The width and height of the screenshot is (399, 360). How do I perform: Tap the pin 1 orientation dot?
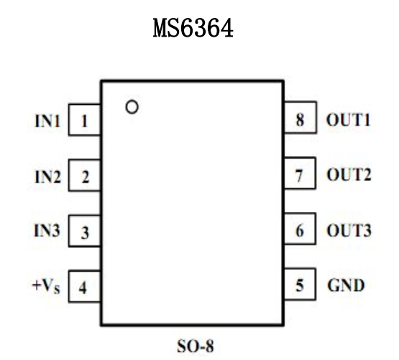pyautogui.click(x=131, y=108)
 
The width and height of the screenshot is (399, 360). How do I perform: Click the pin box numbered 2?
pyautogui.click(x=85, y=177)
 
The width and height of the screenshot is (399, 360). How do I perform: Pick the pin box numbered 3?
pyautogui.click(x=85, y=232)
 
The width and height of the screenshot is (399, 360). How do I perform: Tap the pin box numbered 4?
pyautogui.click(x=85, y=288)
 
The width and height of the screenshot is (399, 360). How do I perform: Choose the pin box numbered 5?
pyautogui.click(x=300, y=287)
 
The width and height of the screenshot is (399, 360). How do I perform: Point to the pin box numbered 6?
pyautogui.click(x=300, y=231)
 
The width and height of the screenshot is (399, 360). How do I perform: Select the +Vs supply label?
pyautogui.click(x=45, y=288)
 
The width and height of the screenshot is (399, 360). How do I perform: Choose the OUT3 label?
pyautogui.click(x=349, y=231)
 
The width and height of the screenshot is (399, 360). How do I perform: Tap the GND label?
pyautogui.click(x=345, y=287)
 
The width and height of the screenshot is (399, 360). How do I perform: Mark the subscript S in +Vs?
pyautogui.click(x=56, y=290)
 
